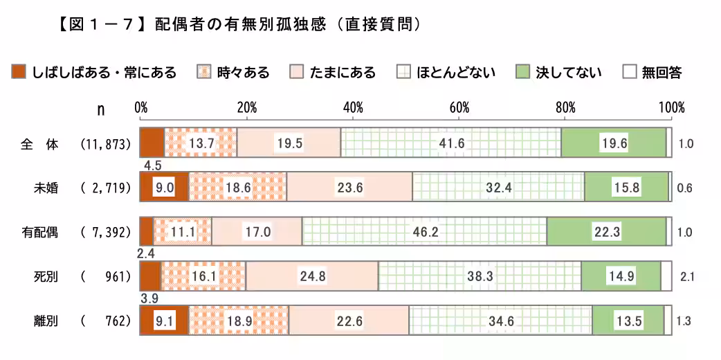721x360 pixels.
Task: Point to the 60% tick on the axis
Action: click(x=459, y=108)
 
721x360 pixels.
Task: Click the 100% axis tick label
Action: click(x=670, y=108)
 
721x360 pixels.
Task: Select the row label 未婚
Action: click(x=46, y=188)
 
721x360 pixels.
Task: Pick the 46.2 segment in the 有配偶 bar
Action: click(x=424, y=231)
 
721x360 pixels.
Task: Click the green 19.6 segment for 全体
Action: click(x=614, y=143)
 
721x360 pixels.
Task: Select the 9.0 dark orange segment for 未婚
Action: click(x=164, y=188)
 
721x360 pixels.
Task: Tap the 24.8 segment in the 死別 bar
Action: click(x=312, y=276)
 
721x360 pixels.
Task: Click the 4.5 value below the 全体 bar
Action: click(x=152, y=166)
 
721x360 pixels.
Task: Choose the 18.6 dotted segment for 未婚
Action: click(x=237, y=188)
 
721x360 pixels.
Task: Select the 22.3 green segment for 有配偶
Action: click(x=606, y=231)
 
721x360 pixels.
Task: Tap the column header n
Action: click(x=102, y=109)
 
